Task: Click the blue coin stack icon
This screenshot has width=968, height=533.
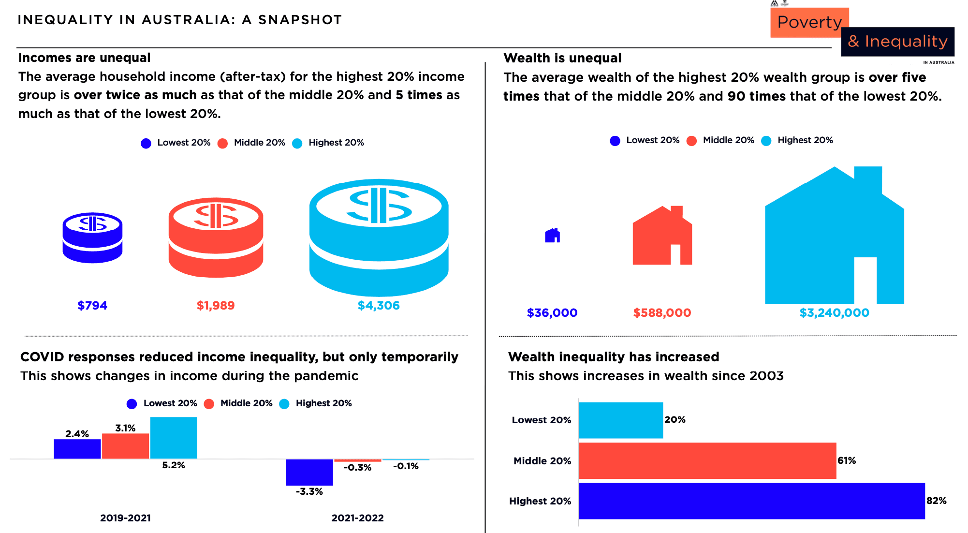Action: point(92,237)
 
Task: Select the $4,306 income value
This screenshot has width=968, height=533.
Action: point(379,306)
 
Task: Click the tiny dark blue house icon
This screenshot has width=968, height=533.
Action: point(552,236)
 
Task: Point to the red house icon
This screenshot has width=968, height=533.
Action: point(662,237)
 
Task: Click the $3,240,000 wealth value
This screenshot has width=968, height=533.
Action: point(834,313)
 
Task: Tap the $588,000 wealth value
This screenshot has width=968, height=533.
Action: point(662,313)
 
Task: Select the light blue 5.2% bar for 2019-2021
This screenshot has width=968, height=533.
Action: point(174,438)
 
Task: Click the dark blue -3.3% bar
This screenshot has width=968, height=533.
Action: point(309,472)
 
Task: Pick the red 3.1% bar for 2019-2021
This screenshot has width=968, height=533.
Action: point(125,446)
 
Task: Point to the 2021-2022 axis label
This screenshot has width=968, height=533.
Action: point(357,518)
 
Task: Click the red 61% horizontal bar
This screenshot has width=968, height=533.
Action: point(707,460)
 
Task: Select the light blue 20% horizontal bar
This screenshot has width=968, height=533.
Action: point(620,420)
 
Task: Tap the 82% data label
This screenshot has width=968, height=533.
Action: point(936,501)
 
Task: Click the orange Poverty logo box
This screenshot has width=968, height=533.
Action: point(809,22)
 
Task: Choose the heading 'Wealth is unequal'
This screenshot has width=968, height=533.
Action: point(562,58)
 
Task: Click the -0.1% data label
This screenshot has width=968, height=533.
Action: point(406,466)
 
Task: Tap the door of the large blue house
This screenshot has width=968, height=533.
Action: point(865,281)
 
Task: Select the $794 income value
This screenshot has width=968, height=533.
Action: point(92,306)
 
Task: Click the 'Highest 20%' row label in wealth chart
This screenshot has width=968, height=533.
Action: point(540,501)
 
